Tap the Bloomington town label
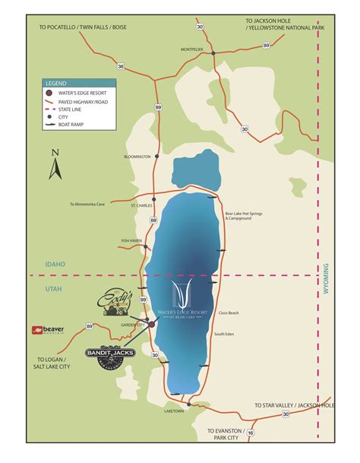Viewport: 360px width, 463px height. tap(137, 157)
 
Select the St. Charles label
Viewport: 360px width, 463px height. tap(141, 205)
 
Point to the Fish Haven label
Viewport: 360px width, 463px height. tap(131, 241)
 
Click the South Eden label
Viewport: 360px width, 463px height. tap(224, 335)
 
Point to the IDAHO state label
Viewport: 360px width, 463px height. tap(55, 265)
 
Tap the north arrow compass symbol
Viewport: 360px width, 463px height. tap(55, 164)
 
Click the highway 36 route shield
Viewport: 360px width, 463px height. tap(120, 66)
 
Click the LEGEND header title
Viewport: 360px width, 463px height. tap(57, 82)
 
